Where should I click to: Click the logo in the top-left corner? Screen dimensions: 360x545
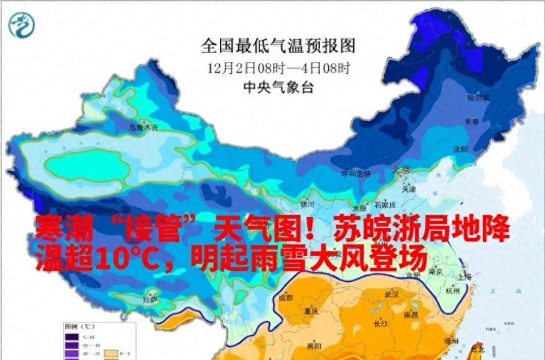tap(21, 24)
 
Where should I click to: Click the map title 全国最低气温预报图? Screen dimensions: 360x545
tap(278, 46)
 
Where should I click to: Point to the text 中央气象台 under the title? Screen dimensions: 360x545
tap(278, 86)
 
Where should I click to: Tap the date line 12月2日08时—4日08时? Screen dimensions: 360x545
tap(278, 68)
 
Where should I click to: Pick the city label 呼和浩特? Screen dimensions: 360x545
tap(356, 174)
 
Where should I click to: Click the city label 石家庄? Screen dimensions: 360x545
tap(385, 205)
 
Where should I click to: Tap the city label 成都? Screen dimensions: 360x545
tap(286, 298)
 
